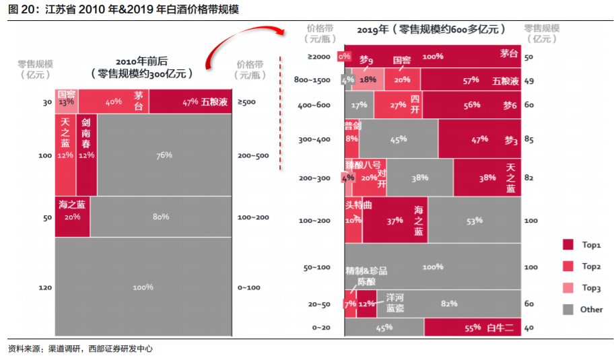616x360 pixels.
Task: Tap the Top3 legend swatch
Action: tap(568, 288)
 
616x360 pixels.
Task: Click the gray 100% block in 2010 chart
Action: tap(143, 287)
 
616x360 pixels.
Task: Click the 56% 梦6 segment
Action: tap(471, 105)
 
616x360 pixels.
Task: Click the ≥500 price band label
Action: tap(246, 102)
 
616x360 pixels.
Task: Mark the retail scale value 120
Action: tap(45, 287)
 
